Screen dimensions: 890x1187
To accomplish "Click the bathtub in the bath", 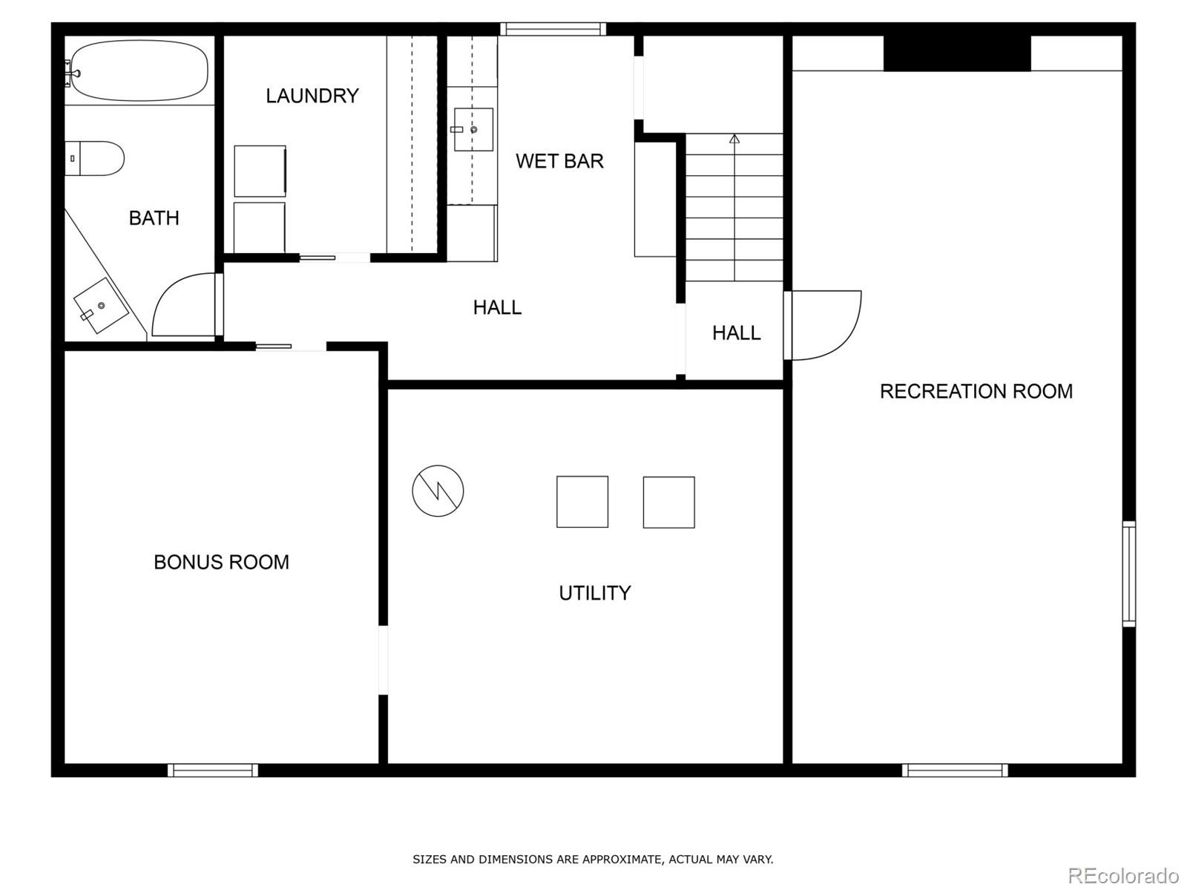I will coord(139,71).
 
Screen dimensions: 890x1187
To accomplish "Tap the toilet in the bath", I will coord(95,158).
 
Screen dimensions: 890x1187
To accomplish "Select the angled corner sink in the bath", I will coord(101,306).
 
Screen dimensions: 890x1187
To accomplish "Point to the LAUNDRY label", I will coord(312,96).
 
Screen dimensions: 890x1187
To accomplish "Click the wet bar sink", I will coord(473,130).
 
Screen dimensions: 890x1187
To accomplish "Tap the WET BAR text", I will coord(559,161).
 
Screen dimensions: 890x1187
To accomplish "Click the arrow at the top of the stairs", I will coord(734,139).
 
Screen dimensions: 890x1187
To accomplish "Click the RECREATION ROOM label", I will coord(976,391).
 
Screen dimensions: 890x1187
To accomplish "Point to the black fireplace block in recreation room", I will coord(957,53).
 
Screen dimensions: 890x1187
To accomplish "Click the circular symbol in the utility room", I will coord(438,491).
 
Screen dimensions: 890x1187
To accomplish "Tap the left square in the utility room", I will coord(582,502).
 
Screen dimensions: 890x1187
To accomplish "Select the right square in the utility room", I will coord(668,503).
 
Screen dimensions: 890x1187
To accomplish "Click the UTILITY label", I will coord(594,593).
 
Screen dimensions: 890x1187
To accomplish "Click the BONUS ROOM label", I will coord(221,562).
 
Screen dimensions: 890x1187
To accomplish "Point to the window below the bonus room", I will coord(213,770).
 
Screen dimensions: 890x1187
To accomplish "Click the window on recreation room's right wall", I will coord(1128,573).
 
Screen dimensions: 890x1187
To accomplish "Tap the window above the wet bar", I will coord(553,30).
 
